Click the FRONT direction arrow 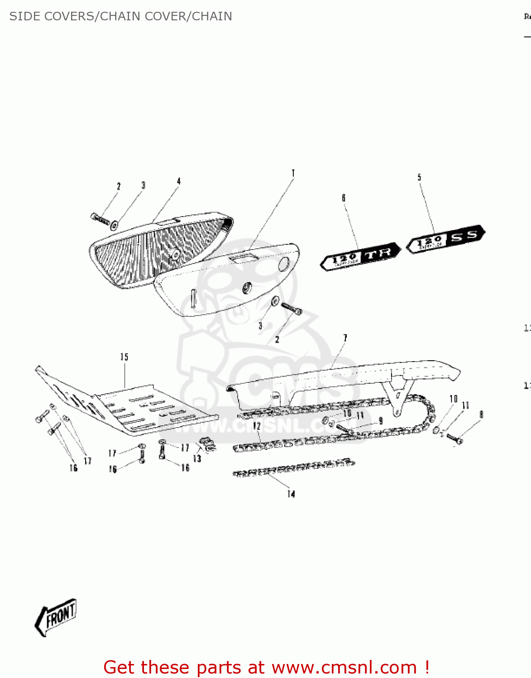[x=56, y=617]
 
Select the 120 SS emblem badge [x=446, y=239]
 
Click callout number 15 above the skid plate [x=124, y=357]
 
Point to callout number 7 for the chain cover [x=345, y=338]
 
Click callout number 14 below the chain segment [x=291, y=494]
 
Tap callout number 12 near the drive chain [x=257, y=426]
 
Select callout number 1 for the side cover [x=293, y=173]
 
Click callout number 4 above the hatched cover [x=178, y=181]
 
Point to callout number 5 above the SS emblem [x=419, y=177]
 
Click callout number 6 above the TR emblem [x=344, y=198]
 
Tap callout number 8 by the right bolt [x=481, y=414]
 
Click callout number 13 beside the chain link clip [x=197, y=458]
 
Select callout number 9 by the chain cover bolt [x=380, y=421]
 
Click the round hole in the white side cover [x=284, y=264]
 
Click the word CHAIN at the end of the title [x=212, y=16]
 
